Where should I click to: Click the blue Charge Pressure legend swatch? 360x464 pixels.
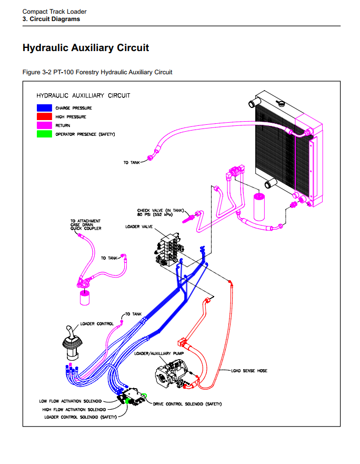point(44,107)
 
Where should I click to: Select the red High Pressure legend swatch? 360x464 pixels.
point(44,116)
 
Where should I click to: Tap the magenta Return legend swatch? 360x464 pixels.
point(44,125)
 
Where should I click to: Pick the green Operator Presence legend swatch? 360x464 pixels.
point(44,134)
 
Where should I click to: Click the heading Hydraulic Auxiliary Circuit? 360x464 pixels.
point(86,48)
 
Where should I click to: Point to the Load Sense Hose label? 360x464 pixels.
point(249,371)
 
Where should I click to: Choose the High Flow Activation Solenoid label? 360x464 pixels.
point(74,409)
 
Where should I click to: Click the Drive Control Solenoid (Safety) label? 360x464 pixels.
point(187,404)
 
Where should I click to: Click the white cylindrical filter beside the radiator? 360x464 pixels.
point(259,206)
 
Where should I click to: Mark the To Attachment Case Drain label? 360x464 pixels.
point(85,224)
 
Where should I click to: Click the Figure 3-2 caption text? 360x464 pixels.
point(97,72)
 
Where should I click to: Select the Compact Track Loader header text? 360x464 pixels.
point(55,11)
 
